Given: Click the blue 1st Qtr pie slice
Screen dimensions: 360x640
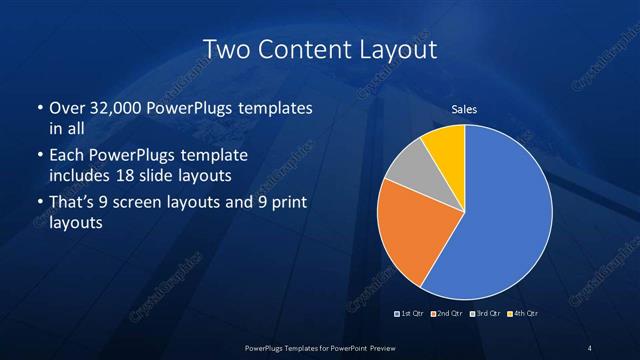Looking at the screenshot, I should click(500, 220).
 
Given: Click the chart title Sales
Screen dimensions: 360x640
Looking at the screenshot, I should click(464, 108).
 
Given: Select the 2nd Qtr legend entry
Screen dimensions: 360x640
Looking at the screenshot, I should click(447, 314).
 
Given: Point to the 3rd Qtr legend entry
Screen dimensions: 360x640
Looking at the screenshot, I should click(484, 314).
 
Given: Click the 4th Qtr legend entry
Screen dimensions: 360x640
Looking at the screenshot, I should click(521, 314).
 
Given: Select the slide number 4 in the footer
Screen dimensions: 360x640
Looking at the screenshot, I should click(589, 347).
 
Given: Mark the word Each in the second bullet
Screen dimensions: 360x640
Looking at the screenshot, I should click(66, 157).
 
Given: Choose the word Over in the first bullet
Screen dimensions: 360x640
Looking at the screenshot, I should click(67, 109).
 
